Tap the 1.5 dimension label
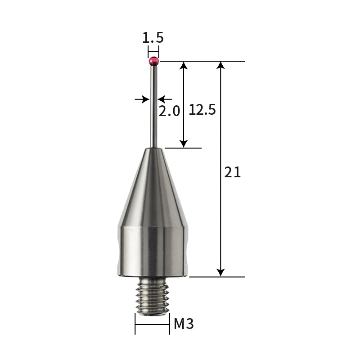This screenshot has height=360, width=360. [153, 38]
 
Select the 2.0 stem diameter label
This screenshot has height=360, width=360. [169, 111]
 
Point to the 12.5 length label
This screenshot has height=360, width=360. [202, 109]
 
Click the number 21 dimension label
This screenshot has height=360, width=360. [233, 172]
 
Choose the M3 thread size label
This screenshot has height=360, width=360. [184, 323]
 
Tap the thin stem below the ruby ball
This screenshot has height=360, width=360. [153, 108]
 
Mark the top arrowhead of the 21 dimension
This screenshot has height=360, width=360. [220, 65]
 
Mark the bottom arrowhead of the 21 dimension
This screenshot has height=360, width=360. [220, 272]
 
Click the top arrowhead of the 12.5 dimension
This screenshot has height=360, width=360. [183, 65]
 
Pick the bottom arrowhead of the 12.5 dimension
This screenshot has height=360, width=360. [183, 143]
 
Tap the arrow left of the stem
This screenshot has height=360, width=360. [145, 99]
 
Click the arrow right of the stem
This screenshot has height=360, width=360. [162, 99]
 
